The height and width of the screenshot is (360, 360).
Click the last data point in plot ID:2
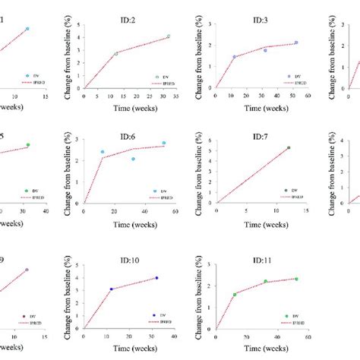[169, 36]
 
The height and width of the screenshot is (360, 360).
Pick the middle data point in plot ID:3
[265, 50]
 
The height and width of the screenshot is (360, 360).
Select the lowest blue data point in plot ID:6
[133, 159]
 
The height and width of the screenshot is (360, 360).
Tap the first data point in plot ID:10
[111, 289]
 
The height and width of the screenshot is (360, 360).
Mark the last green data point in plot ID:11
[296, 279]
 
